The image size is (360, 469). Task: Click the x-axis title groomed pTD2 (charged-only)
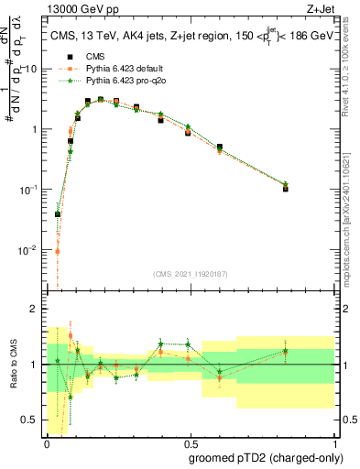[x=262, y=457]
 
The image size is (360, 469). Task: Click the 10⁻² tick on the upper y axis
[x=29, y=248]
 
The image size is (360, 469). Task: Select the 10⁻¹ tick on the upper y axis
[x=29, y=189]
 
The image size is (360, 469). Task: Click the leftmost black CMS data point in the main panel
[x=58, y=214]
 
